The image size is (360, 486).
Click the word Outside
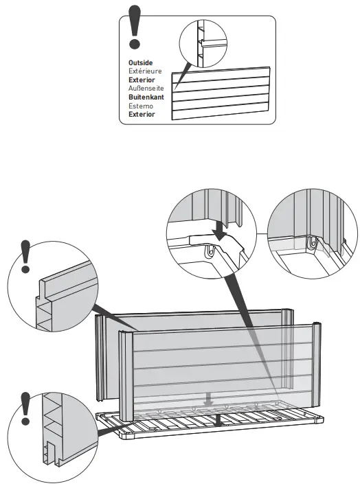[140, 63]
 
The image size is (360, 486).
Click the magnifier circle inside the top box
[204, 44]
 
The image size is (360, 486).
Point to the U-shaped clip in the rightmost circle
[313, 243]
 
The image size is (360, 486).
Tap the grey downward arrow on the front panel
[212, 398]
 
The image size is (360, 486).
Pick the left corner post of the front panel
[126, 378]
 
